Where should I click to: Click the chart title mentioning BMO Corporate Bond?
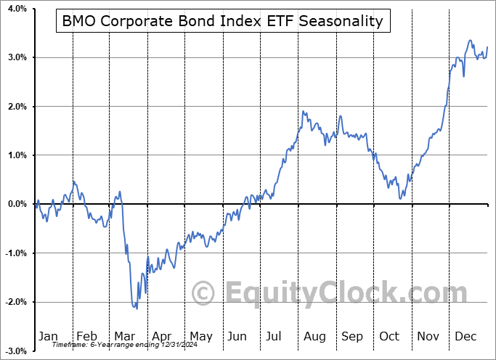click(x=222, y=21)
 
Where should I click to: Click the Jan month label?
click(x=47, y=336)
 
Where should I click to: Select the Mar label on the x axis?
click(x=124, y=336)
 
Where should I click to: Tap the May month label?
click(x=200, y=336)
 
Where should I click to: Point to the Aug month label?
click(x=314, y=336)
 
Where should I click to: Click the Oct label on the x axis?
click(x=390, y=336)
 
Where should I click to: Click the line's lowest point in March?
click(x=137, y=308)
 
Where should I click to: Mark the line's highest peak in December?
click(x=470, y=41)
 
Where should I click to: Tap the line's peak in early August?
click(x=304, y=112)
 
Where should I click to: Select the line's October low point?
click(x=400, y=198)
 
